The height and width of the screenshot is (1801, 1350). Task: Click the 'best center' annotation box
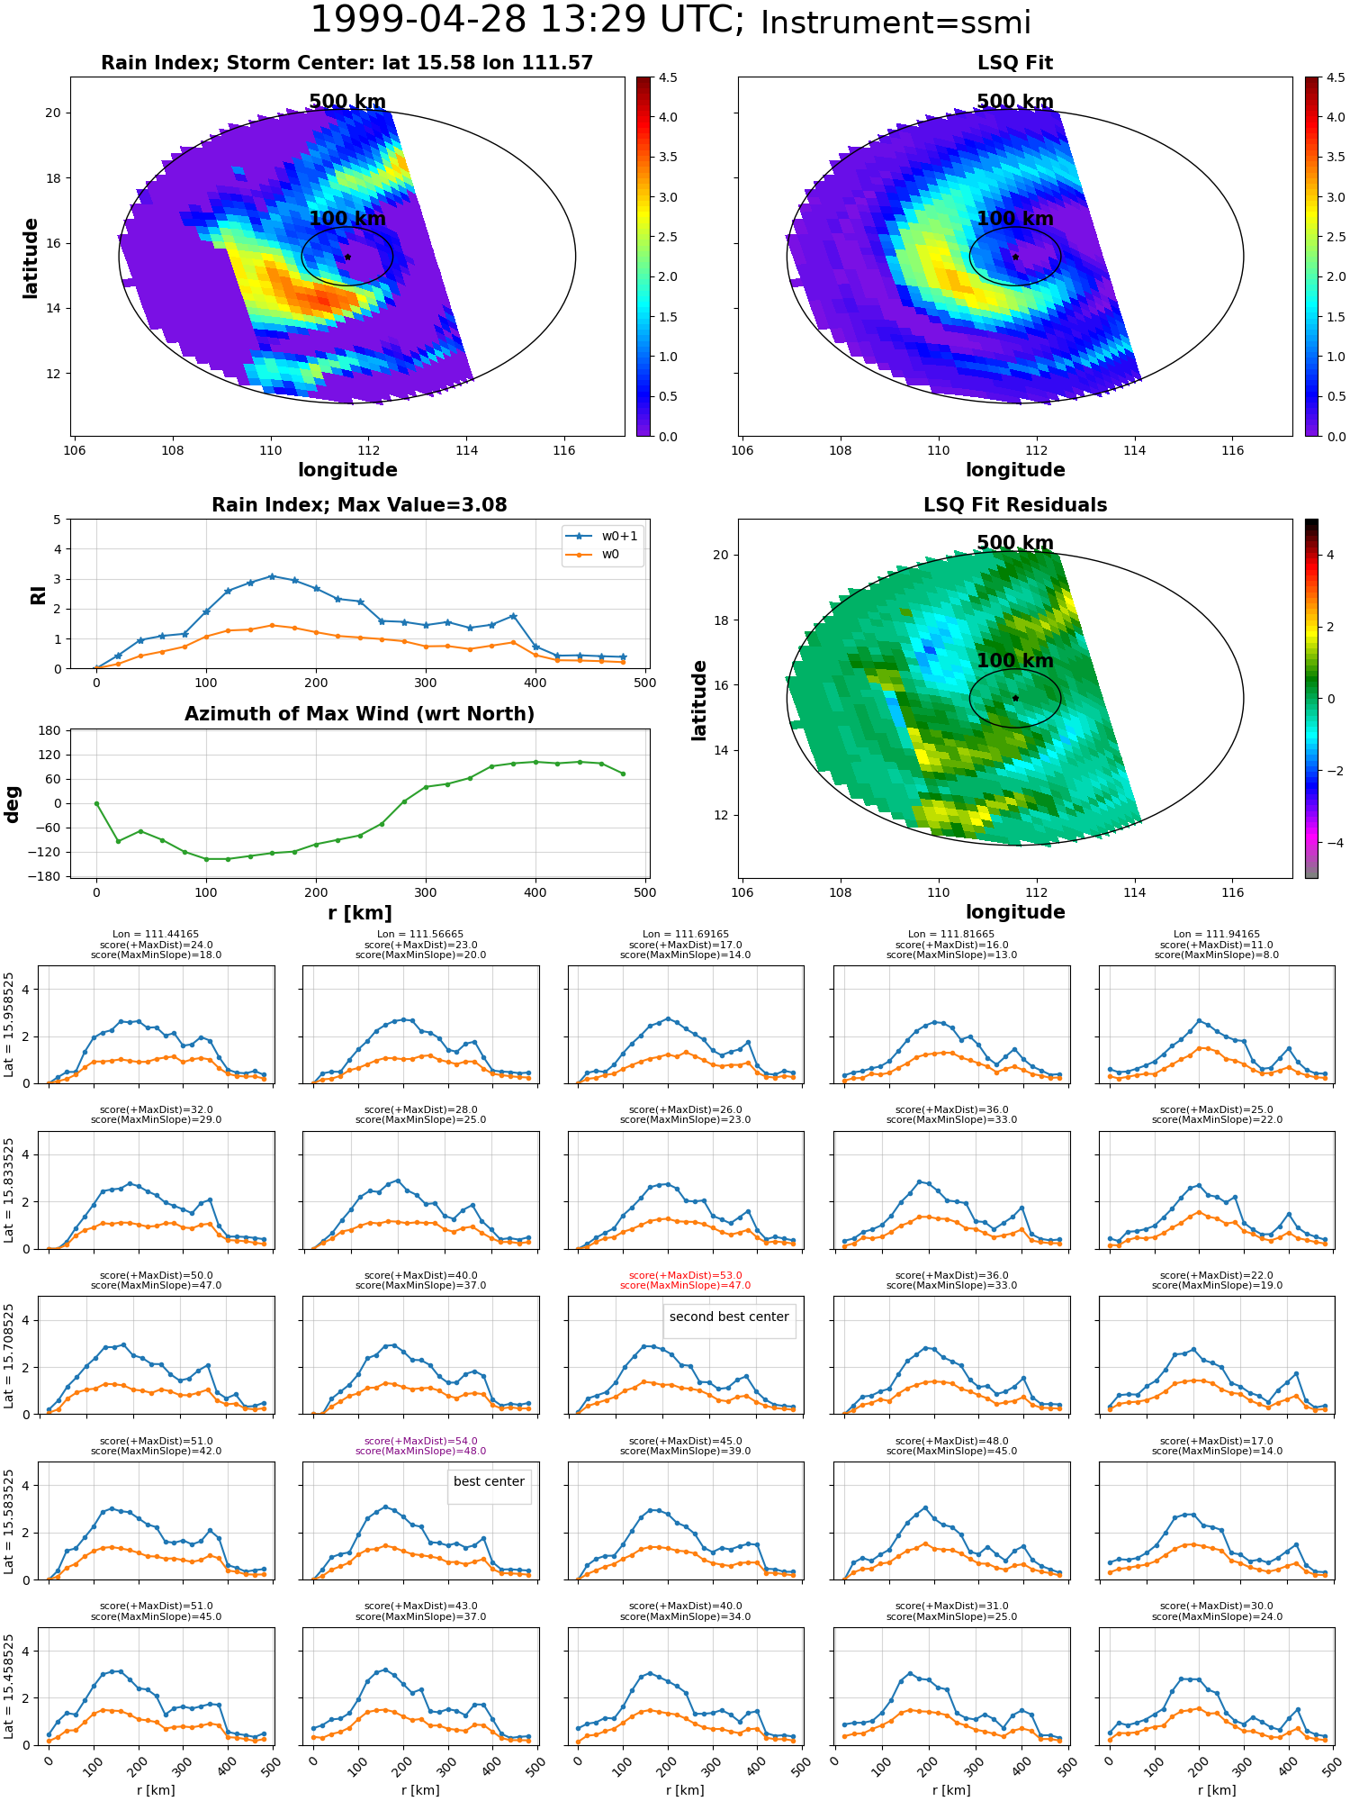(489, 1481)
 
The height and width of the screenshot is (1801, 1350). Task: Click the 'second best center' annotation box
(729, 1317)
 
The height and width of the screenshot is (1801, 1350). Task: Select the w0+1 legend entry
(603, 536)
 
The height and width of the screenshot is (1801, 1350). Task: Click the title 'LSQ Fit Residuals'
(1015, 505)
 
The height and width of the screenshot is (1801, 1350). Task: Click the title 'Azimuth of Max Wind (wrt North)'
(359, 714)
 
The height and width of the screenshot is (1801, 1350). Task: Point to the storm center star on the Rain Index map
(347, 257)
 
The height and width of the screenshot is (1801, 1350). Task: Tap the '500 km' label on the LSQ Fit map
(1015, 102)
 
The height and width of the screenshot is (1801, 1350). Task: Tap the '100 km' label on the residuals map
(1015, 661)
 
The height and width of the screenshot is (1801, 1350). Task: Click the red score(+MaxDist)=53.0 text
(686, 1275)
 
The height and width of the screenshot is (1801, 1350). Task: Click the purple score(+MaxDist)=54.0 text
(420, 1441)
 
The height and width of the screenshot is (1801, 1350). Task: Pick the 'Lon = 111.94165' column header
(1217, 935)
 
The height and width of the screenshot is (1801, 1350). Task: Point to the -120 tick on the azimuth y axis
(49, 852)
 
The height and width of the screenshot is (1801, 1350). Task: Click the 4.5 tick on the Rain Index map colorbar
(668, 77)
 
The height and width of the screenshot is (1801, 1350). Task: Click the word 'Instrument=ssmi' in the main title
(895, 23)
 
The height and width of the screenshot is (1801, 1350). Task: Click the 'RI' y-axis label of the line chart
(38, 594)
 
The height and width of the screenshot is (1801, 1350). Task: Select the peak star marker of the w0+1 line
(272, 576)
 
